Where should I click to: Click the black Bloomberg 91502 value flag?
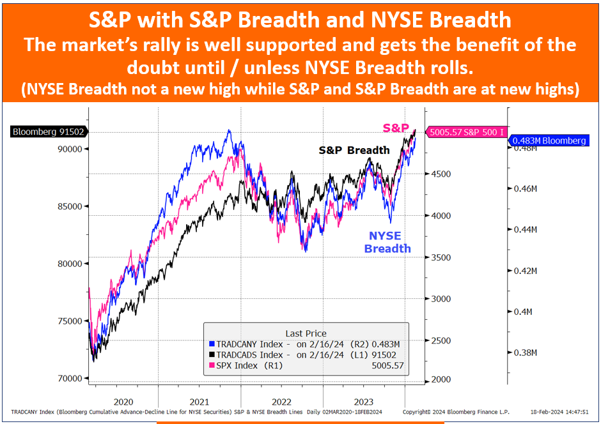[x=49, y=132]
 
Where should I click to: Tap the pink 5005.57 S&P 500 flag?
[x=467, y=132]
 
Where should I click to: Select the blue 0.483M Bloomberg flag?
[x=549, y=141]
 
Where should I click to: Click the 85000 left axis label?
[x=70, y=207]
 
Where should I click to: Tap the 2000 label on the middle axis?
[x=441, y=379]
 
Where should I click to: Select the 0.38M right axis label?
[x=525, y=353]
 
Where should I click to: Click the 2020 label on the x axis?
[x=123, y=402]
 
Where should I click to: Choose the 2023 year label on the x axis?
[x=363, y=402]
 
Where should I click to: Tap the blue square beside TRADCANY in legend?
[x=212, y=344]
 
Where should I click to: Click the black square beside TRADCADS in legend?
[x=212, y=355]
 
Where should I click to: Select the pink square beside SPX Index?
[x=212, y=365]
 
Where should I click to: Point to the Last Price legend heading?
[x=306, y=334]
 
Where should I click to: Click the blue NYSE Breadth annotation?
[x=387, y=242]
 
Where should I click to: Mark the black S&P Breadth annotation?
[x=354, y=151]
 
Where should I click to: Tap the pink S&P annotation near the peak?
[x=396, y=128]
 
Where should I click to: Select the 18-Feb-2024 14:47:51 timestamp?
[x=559, y=412]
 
